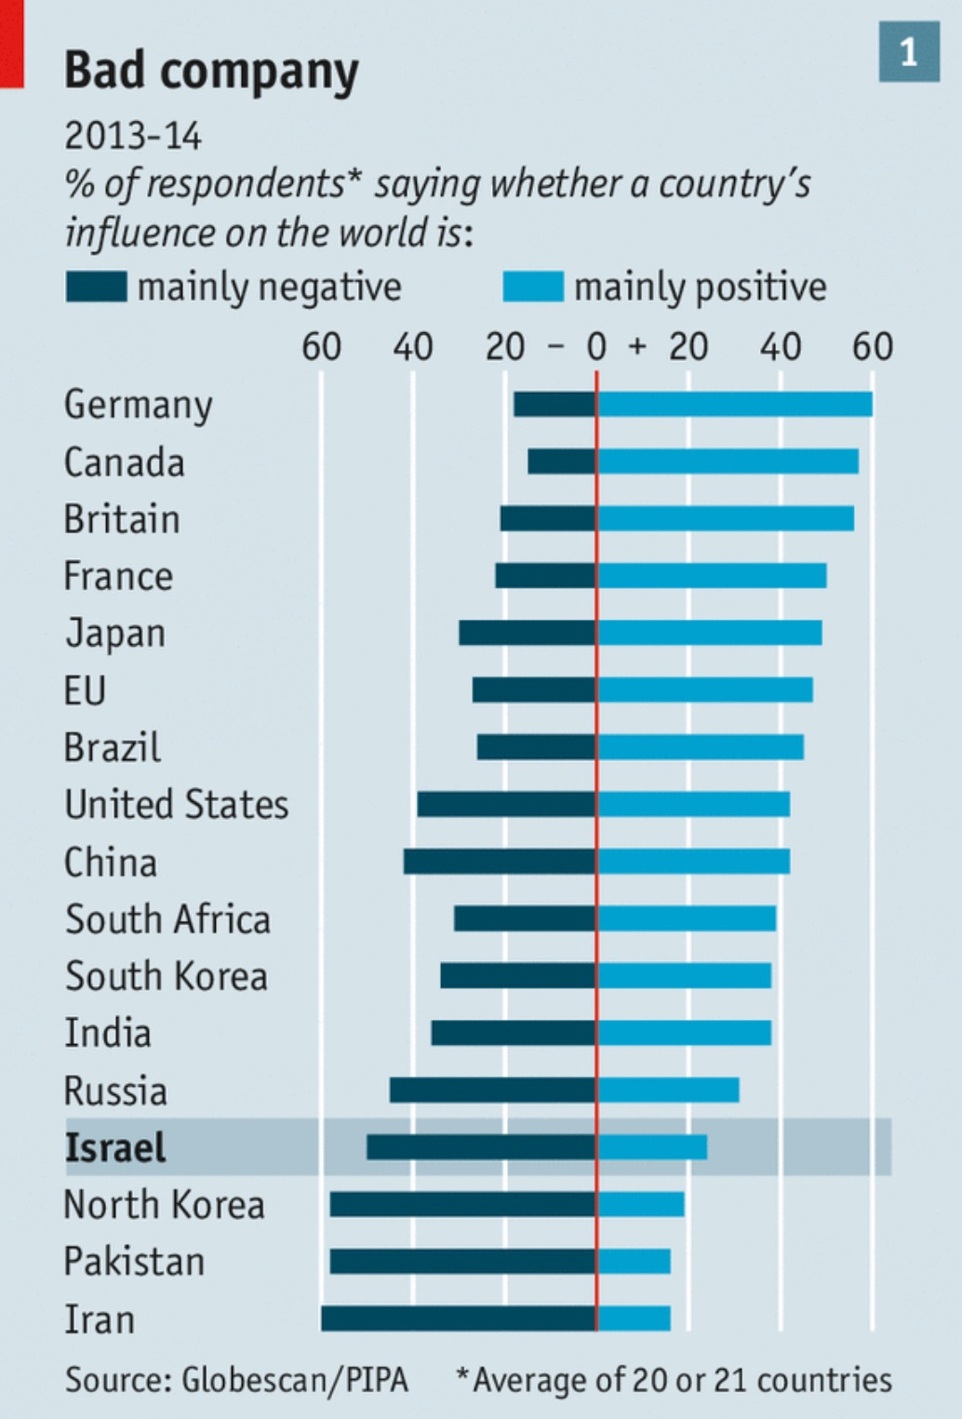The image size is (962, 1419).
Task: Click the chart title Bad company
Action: pos(211,72)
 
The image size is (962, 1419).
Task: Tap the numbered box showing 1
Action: pos(908,52)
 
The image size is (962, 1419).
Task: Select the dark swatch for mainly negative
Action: pos(96,287)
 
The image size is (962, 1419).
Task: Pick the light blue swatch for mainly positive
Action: pos(532,287)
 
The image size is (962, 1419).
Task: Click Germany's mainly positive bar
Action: pos(735,405)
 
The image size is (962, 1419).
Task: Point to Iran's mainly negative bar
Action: pos(459,1319)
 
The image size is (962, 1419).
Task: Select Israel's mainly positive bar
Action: pos(652,1147)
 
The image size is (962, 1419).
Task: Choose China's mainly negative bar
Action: pos(500,862)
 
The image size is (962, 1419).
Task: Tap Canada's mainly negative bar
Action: pos(562,462)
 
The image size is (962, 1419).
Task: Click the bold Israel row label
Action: pos(115,1147)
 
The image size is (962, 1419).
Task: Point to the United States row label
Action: pos(176,805)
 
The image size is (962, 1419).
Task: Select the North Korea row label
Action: pos(164,1205)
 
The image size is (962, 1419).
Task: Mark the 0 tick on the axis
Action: pos(596,347)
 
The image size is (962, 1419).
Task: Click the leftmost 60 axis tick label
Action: pos(321,347)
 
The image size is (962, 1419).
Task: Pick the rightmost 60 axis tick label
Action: pos(872,347)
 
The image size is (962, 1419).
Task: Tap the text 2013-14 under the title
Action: pos(132,137)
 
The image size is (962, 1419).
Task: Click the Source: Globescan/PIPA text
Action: pos(236,1379)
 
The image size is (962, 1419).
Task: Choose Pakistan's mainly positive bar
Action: pos(634,1262)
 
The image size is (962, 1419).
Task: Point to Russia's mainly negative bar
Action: pos(493,1091)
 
